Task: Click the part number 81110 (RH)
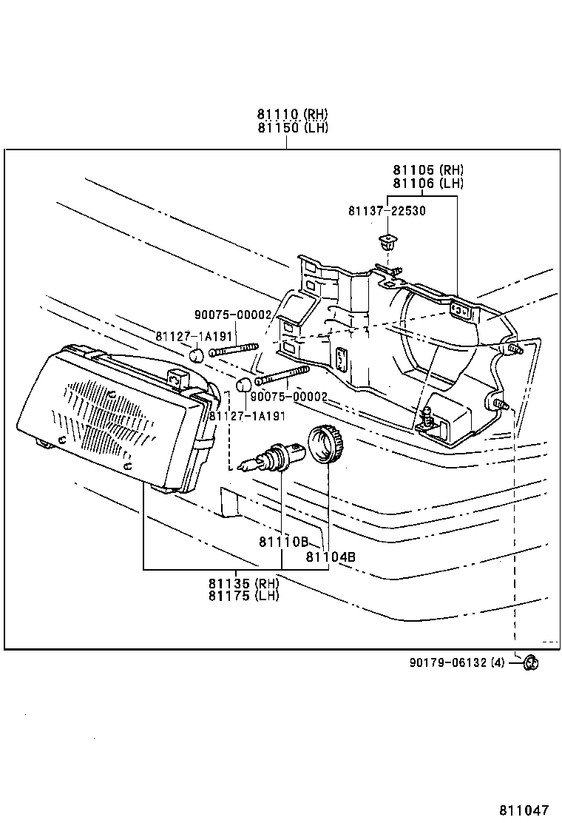293,115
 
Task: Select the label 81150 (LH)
293,127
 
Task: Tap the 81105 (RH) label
428,170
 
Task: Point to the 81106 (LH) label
428,184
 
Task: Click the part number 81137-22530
387,211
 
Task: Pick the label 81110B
283,542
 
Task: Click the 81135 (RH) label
244,583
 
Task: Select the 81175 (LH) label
244,596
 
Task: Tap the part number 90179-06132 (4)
456,662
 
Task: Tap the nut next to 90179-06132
530,662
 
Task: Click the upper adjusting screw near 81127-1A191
234,349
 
